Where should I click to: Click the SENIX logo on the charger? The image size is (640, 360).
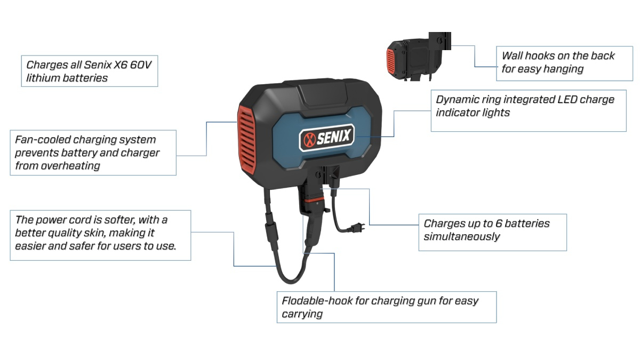pyautogui.click(x=326, y=138)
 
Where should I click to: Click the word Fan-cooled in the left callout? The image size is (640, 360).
pyautogui.click(x=40, y=140)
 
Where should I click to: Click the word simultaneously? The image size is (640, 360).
pyautogui.click(x=461, y=236)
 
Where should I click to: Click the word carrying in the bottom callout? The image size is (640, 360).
pyautogui.click(x=302, y=314)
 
